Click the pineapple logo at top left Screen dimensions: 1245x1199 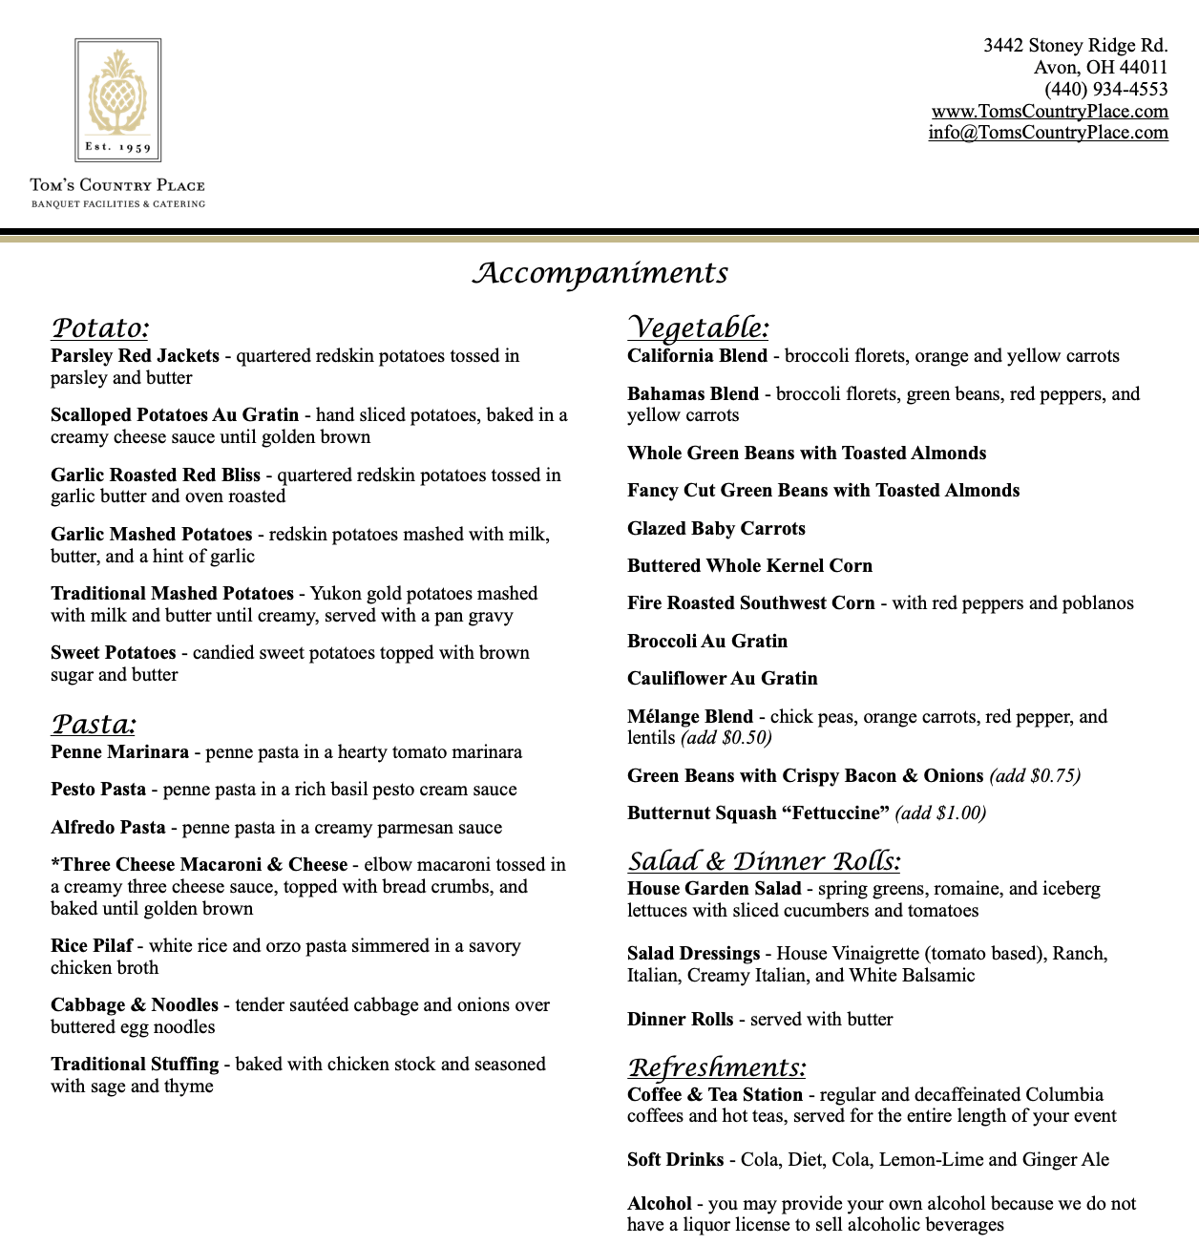point(118,98)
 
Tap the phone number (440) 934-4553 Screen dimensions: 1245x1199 point(1105,89)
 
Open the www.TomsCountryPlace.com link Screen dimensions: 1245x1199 point(1049,111)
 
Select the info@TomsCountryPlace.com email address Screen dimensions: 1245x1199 point(1047,133)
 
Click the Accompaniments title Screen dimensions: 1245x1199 point(599,273)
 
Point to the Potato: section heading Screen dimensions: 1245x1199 point(100,328)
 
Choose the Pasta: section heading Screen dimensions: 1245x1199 point(94,724)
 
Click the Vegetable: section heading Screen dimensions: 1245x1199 point(698,327)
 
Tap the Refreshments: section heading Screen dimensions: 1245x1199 point(716,1067)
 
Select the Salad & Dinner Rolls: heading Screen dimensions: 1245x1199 point(764,861)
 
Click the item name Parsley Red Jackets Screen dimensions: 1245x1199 point(135,356)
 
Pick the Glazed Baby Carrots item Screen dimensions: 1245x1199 point(716,529)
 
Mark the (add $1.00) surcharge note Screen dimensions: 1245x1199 point(940,813)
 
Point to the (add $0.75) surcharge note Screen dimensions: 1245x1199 point(1035,776)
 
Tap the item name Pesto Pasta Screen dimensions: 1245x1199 point(98,790)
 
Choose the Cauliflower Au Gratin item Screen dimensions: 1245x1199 point(722,679)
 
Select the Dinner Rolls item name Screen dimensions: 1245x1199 point(680,1020)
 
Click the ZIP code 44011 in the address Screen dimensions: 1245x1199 point(1144,67)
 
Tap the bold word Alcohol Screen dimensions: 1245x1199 point(659,1204)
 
